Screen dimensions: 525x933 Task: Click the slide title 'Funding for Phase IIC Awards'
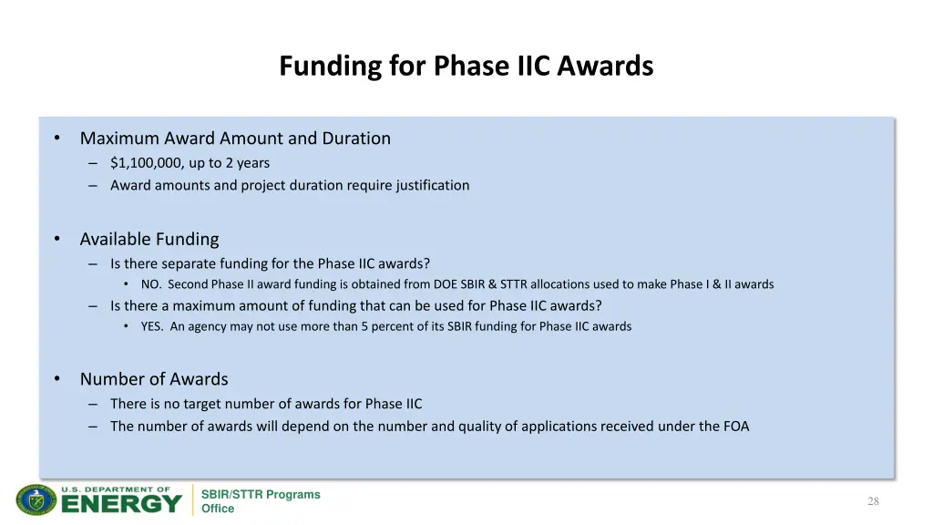point(466,67)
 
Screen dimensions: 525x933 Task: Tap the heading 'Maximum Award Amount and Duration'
point(235,139)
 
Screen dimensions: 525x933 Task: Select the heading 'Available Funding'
point(149,239)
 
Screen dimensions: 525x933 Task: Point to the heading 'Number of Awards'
point(154,379)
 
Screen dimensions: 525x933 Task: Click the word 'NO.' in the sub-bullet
point(151,284)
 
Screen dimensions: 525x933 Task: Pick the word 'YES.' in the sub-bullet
point(153,326)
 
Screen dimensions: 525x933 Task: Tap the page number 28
point(873,501)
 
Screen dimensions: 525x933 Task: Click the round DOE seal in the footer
point(36,500)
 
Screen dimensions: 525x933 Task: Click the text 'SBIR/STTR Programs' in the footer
point(261,495)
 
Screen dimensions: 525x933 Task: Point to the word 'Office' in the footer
point(218,509)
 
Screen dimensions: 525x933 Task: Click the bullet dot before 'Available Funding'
point(56,239)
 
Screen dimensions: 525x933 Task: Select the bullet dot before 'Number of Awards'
point(56,379)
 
